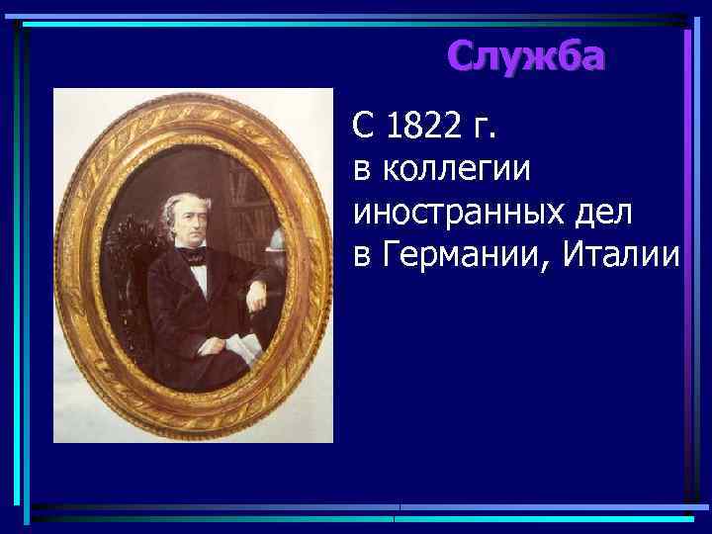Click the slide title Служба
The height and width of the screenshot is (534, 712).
tap(524, 57)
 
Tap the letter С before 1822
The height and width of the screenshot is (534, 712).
tap(364, 126)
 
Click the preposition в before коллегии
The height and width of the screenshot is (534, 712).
tap(363, 171)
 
